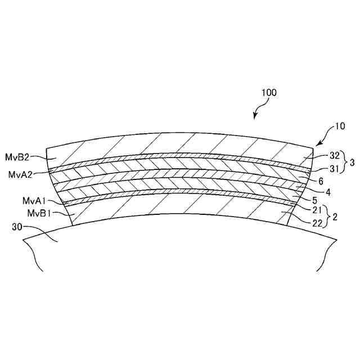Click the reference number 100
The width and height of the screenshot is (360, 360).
[268, 92]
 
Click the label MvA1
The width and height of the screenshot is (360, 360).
[34, 201]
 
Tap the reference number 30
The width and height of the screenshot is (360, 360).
[17, 228]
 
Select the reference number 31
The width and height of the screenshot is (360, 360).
[319, 168]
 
